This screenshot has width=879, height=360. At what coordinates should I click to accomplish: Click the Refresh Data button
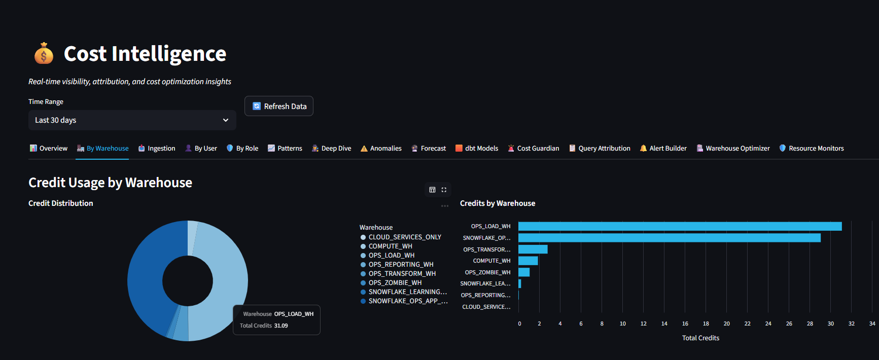pyautogui.click(x=279, y=106)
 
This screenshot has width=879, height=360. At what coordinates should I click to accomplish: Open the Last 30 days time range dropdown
pyautogui.click(x=132, y=120)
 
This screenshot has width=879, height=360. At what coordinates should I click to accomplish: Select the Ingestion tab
pyautogui.click(x=157, y=148)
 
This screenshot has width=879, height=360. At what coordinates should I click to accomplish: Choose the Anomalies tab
pyautogui.click(x=381, y=148)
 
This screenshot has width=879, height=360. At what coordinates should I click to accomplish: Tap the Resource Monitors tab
pyautogui.click(x=811, y=148)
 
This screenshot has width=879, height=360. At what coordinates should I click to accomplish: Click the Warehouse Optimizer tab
pyautogui.click(x=733, y=148)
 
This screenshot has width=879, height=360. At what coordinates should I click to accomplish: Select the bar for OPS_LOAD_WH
pyautogui.click(x=680, y=226)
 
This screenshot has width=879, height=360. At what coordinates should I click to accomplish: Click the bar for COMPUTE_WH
pyautogui.click(x=528, y=261)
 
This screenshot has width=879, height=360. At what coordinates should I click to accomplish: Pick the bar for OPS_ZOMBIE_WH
pyautogui.click(x=524, y=272)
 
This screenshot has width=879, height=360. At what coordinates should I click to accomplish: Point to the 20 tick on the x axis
pyautogui.click(x=726, y=323)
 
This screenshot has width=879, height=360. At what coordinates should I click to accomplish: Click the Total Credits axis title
pyautogui.click(x=700, y=338)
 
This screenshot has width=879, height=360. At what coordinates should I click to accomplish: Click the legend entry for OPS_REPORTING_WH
pyautogui.click(x=401, y=264)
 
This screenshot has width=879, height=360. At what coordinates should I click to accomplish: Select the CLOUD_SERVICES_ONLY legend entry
pyautogui.click(x=404, y=237)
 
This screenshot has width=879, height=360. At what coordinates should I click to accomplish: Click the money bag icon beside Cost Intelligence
pyautogui.click(x=44, y=53)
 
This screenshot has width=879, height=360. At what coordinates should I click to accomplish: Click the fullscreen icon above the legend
pyautogui.click(x=444, y=190)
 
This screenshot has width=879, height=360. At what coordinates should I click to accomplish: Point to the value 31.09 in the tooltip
pyautogui.click(x=281, y=326)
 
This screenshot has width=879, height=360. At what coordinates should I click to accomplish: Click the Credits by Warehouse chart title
pyautogui.click(x=497, y=203)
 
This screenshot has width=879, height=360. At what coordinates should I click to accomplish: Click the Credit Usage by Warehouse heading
pyautogui.click(x=110, y=183)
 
